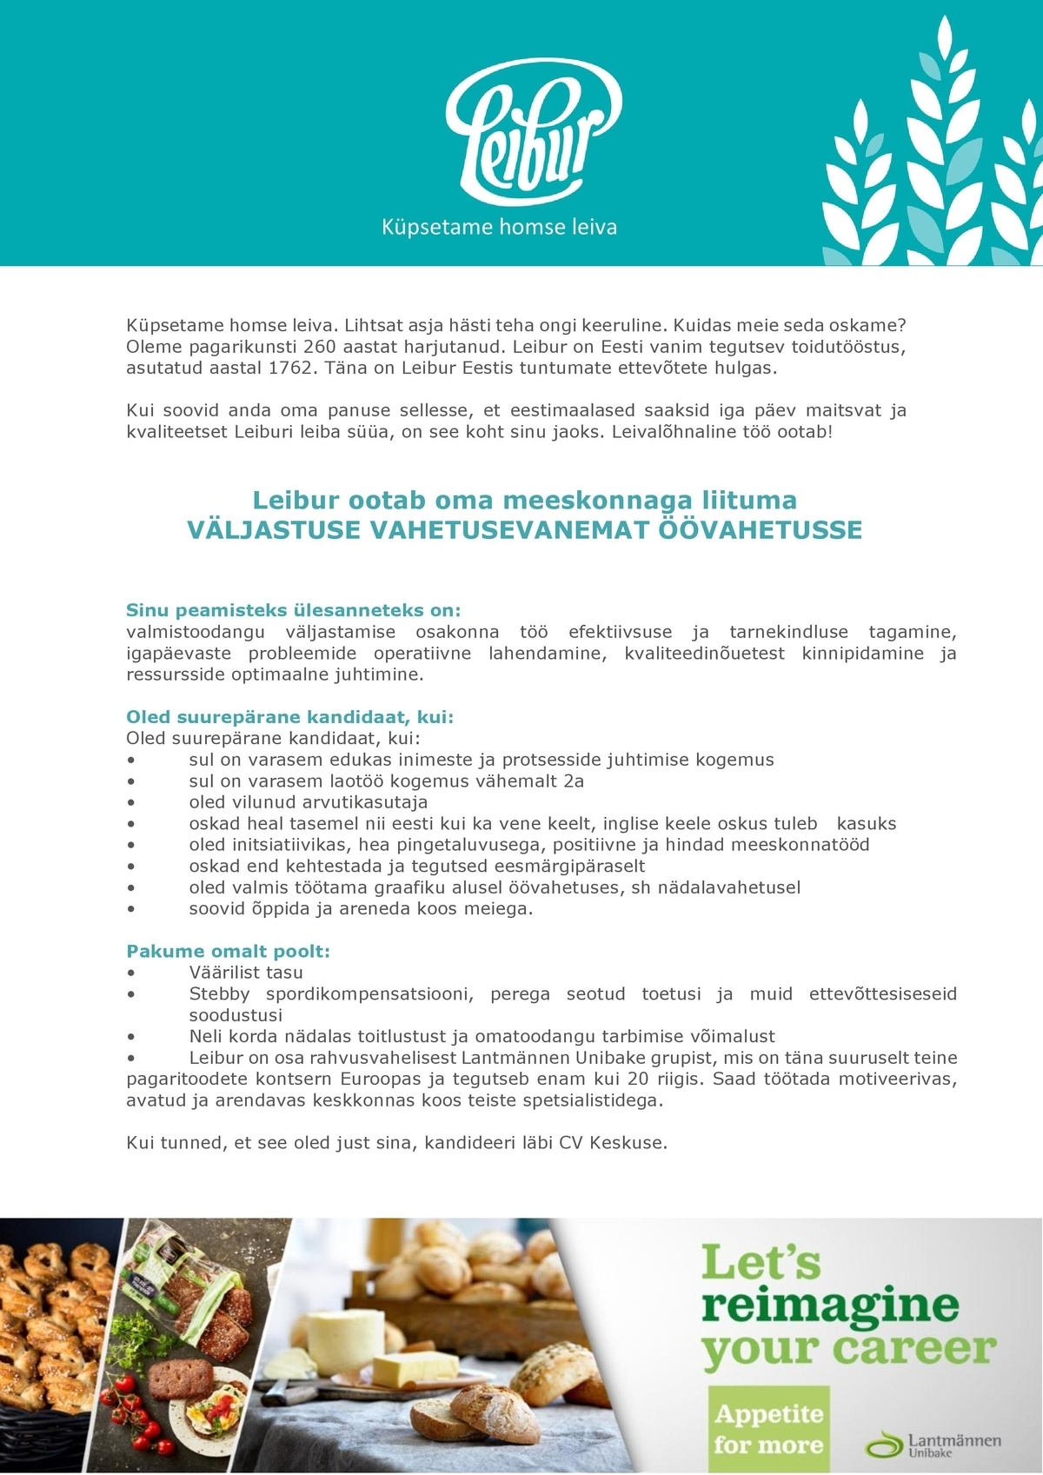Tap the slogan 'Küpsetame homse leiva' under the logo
(x=499, y=228)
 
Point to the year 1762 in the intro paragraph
(x=290, y=368)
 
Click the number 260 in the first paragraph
(x=319, y=347)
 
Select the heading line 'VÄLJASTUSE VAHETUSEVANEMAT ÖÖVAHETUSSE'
(x=525, y=530)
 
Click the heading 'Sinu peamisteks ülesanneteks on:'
(x=293, y=610)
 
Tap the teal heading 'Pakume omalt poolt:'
(x=228, y=951)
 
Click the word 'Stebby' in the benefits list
(x=219, y=993)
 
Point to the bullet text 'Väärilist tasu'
(x=246, y=973)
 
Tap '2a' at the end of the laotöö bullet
(x=574, y=781)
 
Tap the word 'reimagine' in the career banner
(x=830, y=1306)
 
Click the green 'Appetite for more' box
(x=767, y=1429)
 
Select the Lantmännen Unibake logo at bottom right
(x=933, y=1444)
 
